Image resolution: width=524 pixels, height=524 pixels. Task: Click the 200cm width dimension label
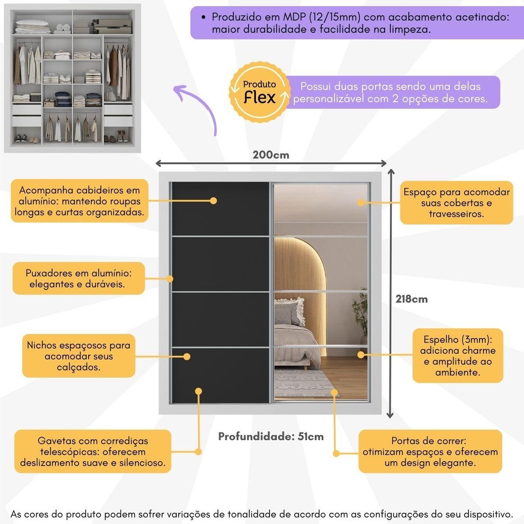pos(271,155)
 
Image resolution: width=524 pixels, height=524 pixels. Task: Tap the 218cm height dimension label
pos(411,299)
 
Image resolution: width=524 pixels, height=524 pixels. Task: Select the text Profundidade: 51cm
pos(271,436)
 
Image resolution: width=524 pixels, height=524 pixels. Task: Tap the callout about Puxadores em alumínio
pos(78,278)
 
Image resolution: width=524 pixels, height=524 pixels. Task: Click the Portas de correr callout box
pos(430,451)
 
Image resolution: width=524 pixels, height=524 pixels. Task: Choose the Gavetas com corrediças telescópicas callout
pos(93,451)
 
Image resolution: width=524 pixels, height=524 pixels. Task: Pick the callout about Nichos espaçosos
pos(78,356)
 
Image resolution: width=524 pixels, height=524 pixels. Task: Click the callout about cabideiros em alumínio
pos(79,201)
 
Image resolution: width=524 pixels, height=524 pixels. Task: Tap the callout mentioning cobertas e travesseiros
pos(456,203)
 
